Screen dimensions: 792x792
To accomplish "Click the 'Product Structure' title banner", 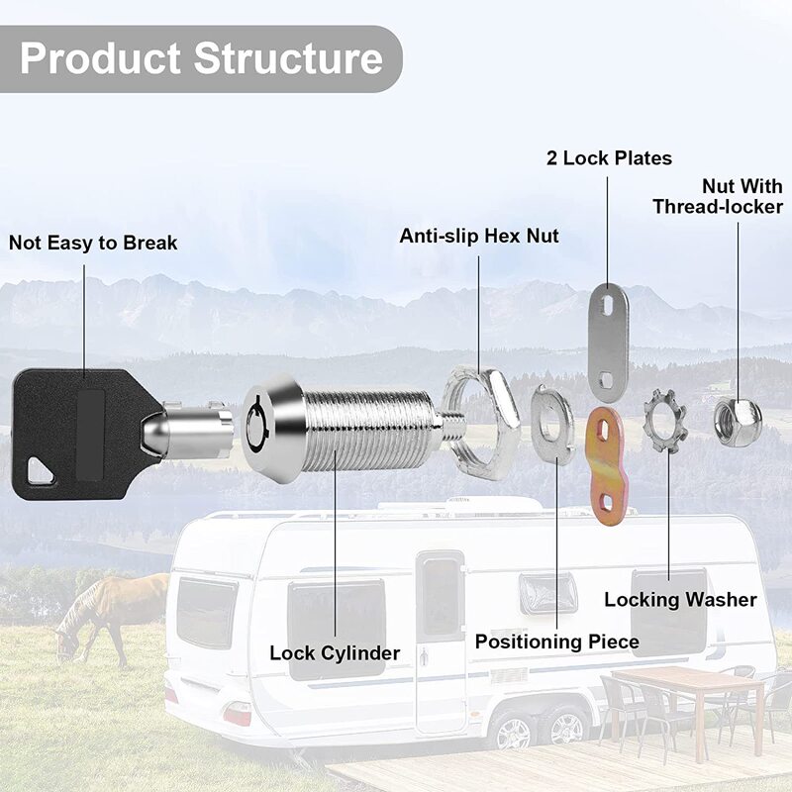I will click(201, 58).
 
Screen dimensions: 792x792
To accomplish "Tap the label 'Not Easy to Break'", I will click(93, 243).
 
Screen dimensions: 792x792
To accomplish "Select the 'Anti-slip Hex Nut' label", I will click(479, 236).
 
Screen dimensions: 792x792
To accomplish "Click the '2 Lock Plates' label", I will click(609, 158).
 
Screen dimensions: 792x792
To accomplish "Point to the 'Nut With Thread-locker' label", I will click(718, 196).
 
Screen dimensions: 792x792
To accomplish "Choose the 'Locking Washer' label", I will click(680, 600).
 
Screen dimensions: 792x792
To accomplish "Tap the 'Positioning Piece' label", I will click(556, 642).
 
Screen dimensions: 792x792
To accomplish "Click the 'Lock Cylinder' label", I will click(335, 653).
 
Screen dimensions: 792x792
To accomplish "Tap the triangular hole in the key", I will click(41, 472).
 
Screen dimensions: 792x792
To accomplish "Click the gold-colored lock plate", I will click(605, 460).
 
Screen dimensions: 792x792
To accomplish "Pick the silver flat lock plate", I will click(608, 342).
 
